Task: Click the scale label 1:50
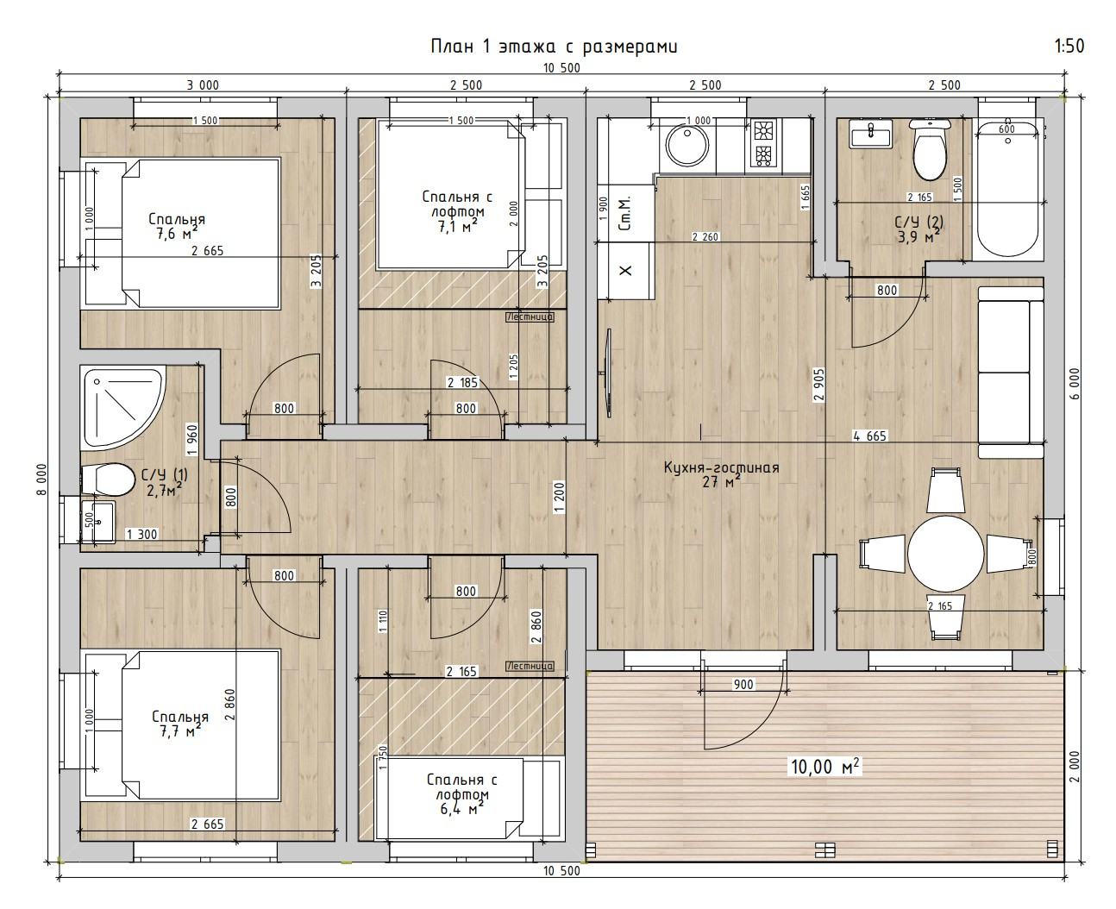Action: click(x=1069, y=46)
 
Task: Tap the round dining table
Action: click(x=946, y=554)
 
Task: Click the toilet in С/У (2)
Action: click(x=930, y=148)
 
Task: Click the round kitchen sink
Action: click(x=687, y=146)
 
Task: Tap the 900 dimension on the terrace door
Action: click(x=743, y=684)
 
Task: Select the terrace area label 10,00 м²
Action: click(x=824, y=767)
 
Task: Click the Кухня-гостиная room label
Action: click(x=722, y=467)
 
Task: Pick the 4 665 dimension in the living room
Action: click(x=869, y=436)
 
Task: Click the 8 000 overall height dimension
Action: click(x=42, y=479)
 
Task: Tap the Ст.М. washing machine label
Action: click(x=624, y=214)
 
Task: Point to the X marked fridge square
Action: click(x=625, y=270)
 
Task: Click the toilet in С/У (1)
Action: click(x=109, y=479)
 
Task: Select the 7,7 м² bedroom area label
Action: click(x=180, y=730)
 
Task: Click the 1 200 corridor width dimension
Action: click(x=560, y=498)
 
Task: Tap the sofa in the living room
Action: click(x=1010, y=373)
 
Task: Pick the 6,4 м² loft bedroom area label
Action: click(x=461, y=809)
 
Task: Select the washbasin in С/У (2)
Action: click(x=870, y=135)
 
